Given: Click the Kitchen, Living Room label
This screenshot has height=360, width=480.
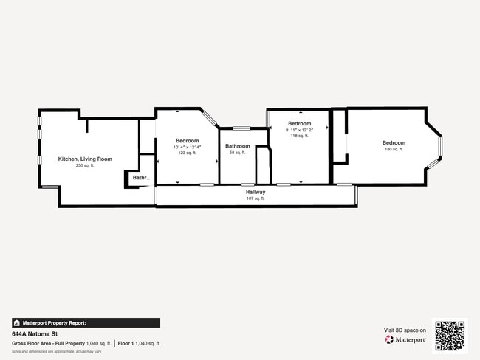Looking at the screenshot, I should pyautogui.click(x=85, y=159).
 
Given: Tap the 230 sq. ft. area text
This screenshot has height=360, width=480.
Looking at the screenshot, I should pyautogui.click(x=85, y=165).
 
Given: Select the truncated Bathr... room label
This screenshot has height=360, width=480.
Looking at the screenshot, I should pyautogui.click(x=142, y=177).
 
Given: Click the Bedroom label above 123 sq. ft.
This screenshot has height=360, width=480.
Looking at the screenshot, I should pyautogui.click(x=187, y=140).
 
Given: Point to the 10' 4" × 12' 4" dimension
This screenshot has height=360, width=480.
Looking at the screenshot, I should pyautogui.click(x=187, y=147).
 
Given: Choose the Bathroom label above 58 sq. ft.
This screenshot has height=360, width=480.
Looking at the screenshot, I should pyautogui.click(x=237, y=146).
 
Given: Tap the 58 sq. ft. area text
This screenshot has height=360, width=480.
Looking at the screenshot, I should pyautogui.click(x=237, y=153).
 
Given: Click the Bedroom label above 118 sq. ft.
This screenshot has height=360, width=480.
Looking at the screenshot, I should pyautogui.click(x=299, y=123).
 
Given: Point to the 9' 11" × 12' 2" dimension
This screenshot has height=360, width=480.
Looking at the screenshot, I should pyautogui.click(x=299, y=130).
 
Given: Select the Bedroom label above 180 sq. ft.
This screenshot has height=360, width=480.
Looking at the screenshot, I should pyautogui.click(x=394, y=142).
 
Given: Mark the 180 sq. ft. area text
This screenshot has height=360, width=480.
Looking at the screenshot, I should pyautogui.click(x=394, y=149).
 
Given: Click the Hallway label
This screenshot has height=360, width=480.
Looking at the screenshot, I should pyautogui.click(x=256, y=192).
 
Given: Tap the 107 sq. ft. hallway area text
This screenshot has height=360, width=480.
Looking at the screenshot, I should pyautogui.click(x=256, y=198).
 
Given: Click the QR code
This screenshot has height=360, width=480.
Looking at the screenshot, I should pyautogui.click(x=450, y=335).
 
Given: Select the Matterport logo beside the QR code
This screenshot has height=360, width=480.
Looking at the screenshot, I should pyautogui.click(x=405, y=340).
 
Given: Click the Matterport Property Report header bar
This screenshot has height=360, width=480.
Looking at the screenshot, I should pyautogui.click(x=85, y=322).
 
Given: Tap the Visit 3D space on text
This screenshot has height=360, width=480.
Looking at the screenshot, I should pyautogui.click(x=405, y=330).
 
